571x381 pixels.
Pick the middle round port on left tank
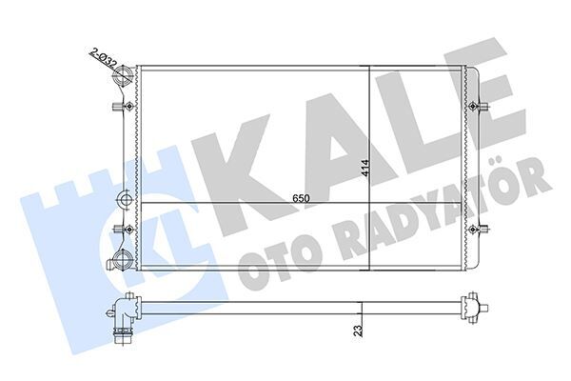click(123, 200)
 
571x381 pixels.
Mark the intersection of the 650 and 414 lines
click(368, 205)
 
